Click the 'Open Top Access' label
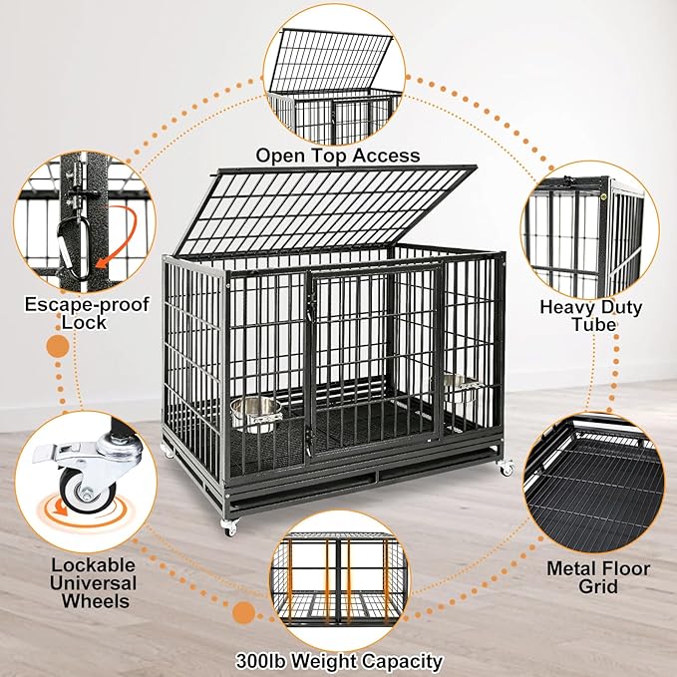click(x=337, y=155)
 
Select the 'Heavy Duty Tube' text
click(x=590, y=316)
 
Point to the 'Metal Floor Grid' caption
click(x=598, y=577)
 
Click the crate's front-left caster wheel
click(x=230, y=525)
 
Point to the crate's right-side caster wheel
click(x=507, y=467)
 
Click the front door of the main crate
click(x=372, y=354)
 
